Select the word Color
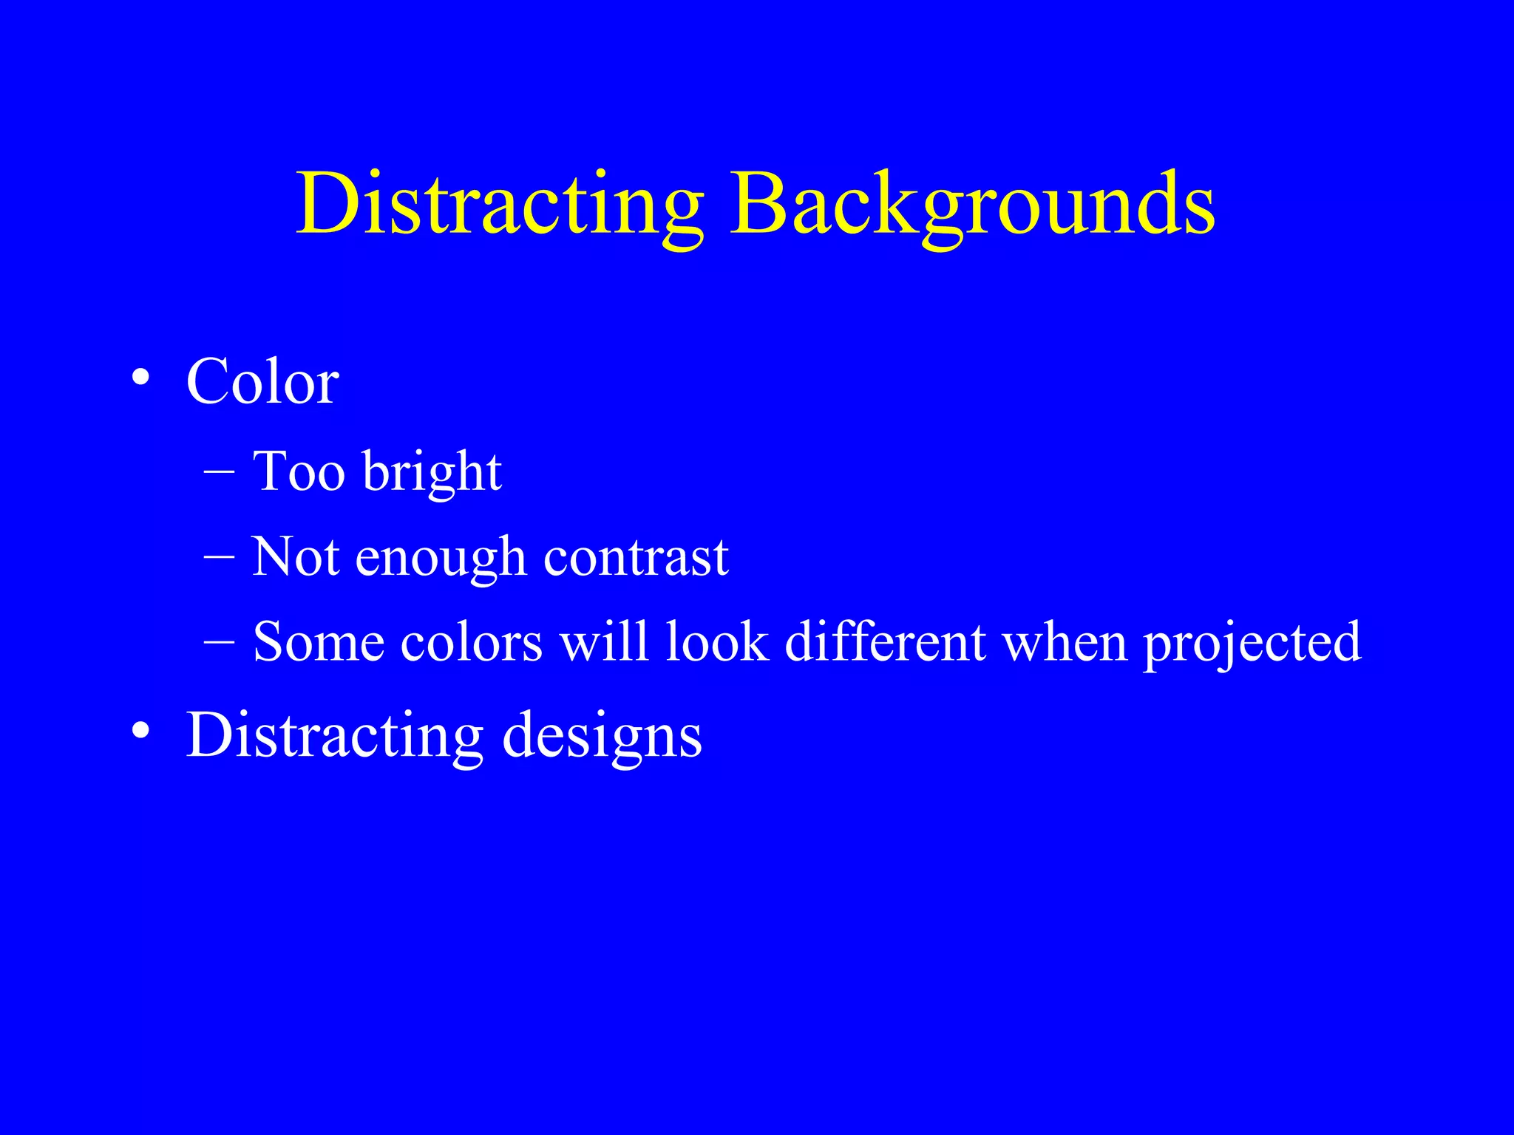(262, 382)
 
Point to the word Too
(299, 471)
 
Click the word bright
(432, 473)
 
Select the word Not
(296, 556)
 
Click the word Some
(318, 641)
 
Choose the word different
(885, 641)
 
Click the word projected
(1252, 643)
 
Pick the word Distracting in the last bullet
(335, 736)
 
